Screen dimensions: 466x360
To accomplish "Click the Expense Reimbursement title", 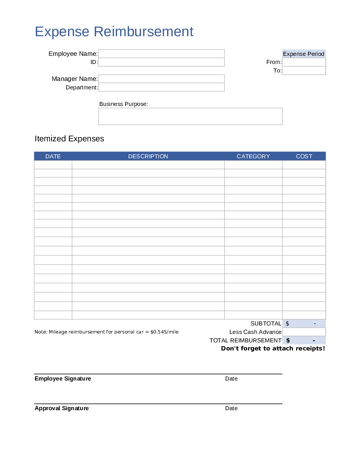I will [114, 32].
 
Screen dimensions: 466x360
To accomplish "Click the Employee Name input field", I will [161, 54].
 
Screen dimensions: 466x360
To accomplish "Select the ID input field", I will [161, 62].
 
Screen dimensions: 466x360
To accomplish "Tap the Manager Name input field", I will [161, 79].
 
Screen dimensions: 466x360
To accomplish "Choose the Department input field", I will [161, 87].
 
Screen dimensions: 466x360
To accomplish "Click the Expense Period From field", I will [304, 62].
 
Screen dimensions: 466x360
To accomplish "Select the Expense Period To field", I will [304, 70].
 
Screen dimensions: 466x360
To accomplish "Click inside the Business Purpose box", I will [190, 116].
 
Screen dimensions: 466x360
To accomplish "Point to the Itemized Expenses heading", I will [69, 139].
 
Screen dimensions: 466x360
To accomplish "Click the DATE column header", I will [53, 156].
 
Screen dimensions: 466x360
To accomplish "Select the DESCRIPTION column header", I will [148, 156].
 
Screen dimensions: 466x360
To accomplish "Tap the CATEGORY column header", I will [253, 156].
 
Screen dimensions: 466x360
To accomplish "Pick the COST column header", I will [304, 156].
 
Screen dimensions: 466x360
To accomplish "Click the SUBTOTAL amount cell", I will [304, 324].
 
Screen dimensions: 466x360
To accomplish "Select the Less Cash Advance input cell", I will [304, 332].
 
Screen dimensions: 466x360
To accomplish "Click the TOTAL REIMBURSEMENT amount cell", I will [304, 340].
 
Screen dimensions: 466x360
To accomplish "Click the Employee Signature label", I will [63, 379].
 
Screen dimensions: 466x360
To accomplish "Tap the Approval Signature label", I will [62, 408].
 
